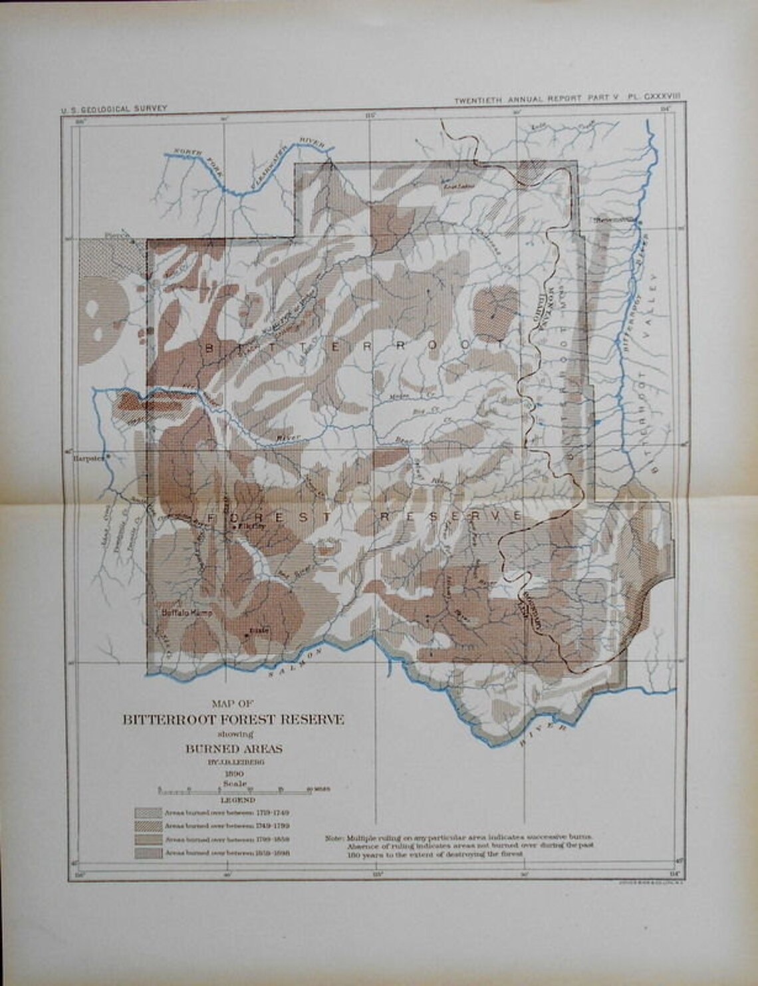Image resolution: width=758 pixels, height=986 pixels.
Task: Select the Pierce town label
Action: [x=116, y=235]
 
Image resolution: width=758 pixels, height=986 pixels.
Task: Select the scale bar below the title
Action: [x=235, y=791]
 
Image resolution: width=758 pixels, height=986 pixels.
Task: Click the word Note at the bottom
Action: [x=334, y=838]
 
